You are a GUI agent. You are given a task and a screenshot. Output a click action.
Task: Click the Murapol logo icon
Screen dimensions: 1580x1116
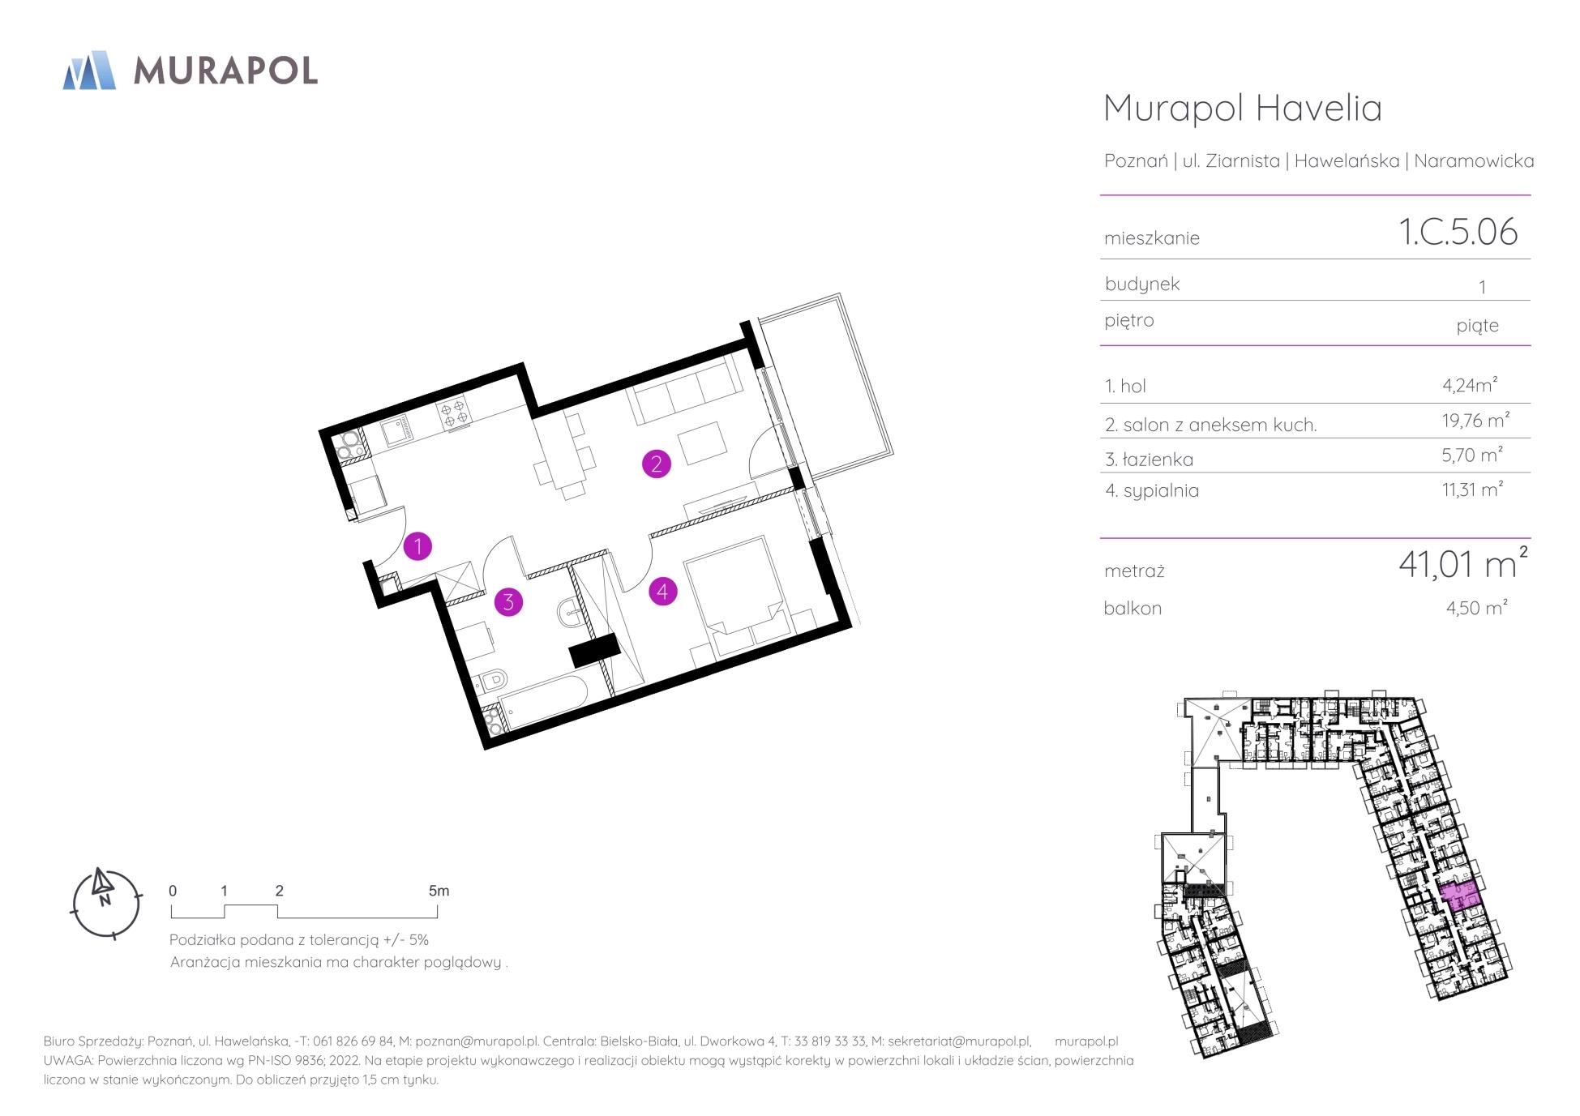tap(89, 70)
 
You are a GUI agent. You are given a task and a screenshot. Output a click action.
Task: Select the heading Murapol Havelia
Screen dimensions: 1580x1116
tap(1243, 108)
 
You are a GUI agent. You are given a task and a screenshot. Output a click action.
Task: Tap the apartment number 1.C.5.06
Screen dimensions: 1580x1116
tap(1458, 232)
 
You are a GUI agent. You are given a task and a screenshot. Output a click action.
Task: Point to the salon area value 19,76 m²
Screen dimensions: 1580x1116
tap(1470, 420)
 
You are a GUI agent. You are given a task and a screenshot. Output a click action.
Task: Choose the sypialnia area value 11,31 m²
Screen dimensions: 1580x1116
tap(1472, 490)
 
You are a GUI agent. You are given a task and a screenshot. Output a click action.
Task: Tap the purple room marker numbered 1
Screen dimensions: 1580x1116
tap(417, 546)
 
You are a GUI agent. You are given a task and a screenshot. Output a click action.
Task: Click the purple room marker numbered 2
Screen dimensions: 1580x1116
tap(656, 464)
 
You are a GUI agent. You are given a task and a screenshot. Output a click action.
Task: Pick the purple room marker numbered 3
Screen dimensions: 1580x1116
tap(508, 601)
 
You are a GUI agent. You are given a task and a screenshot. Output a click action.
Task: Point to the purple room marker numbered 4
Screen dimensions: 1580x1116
tap(662, 591)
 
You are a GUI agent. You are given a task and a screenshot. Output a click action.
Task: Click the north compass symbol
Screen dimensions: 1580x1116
tap(105, 902)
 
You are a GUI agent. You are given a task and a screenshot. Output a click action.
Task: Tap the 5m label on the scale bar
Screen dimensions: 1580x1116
tap(439, 891)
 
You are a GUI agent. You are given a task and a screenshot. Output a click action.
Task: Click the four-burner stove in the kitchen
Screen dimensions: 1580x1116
tap(454, 412)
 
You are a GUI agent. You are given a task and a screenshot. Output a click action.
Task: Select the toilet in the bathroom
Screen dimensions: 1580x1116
tap(491, 678)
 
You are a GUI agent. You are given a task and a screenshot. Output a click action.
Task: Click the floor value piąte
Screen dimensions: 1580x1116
tap(1477, 326)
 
